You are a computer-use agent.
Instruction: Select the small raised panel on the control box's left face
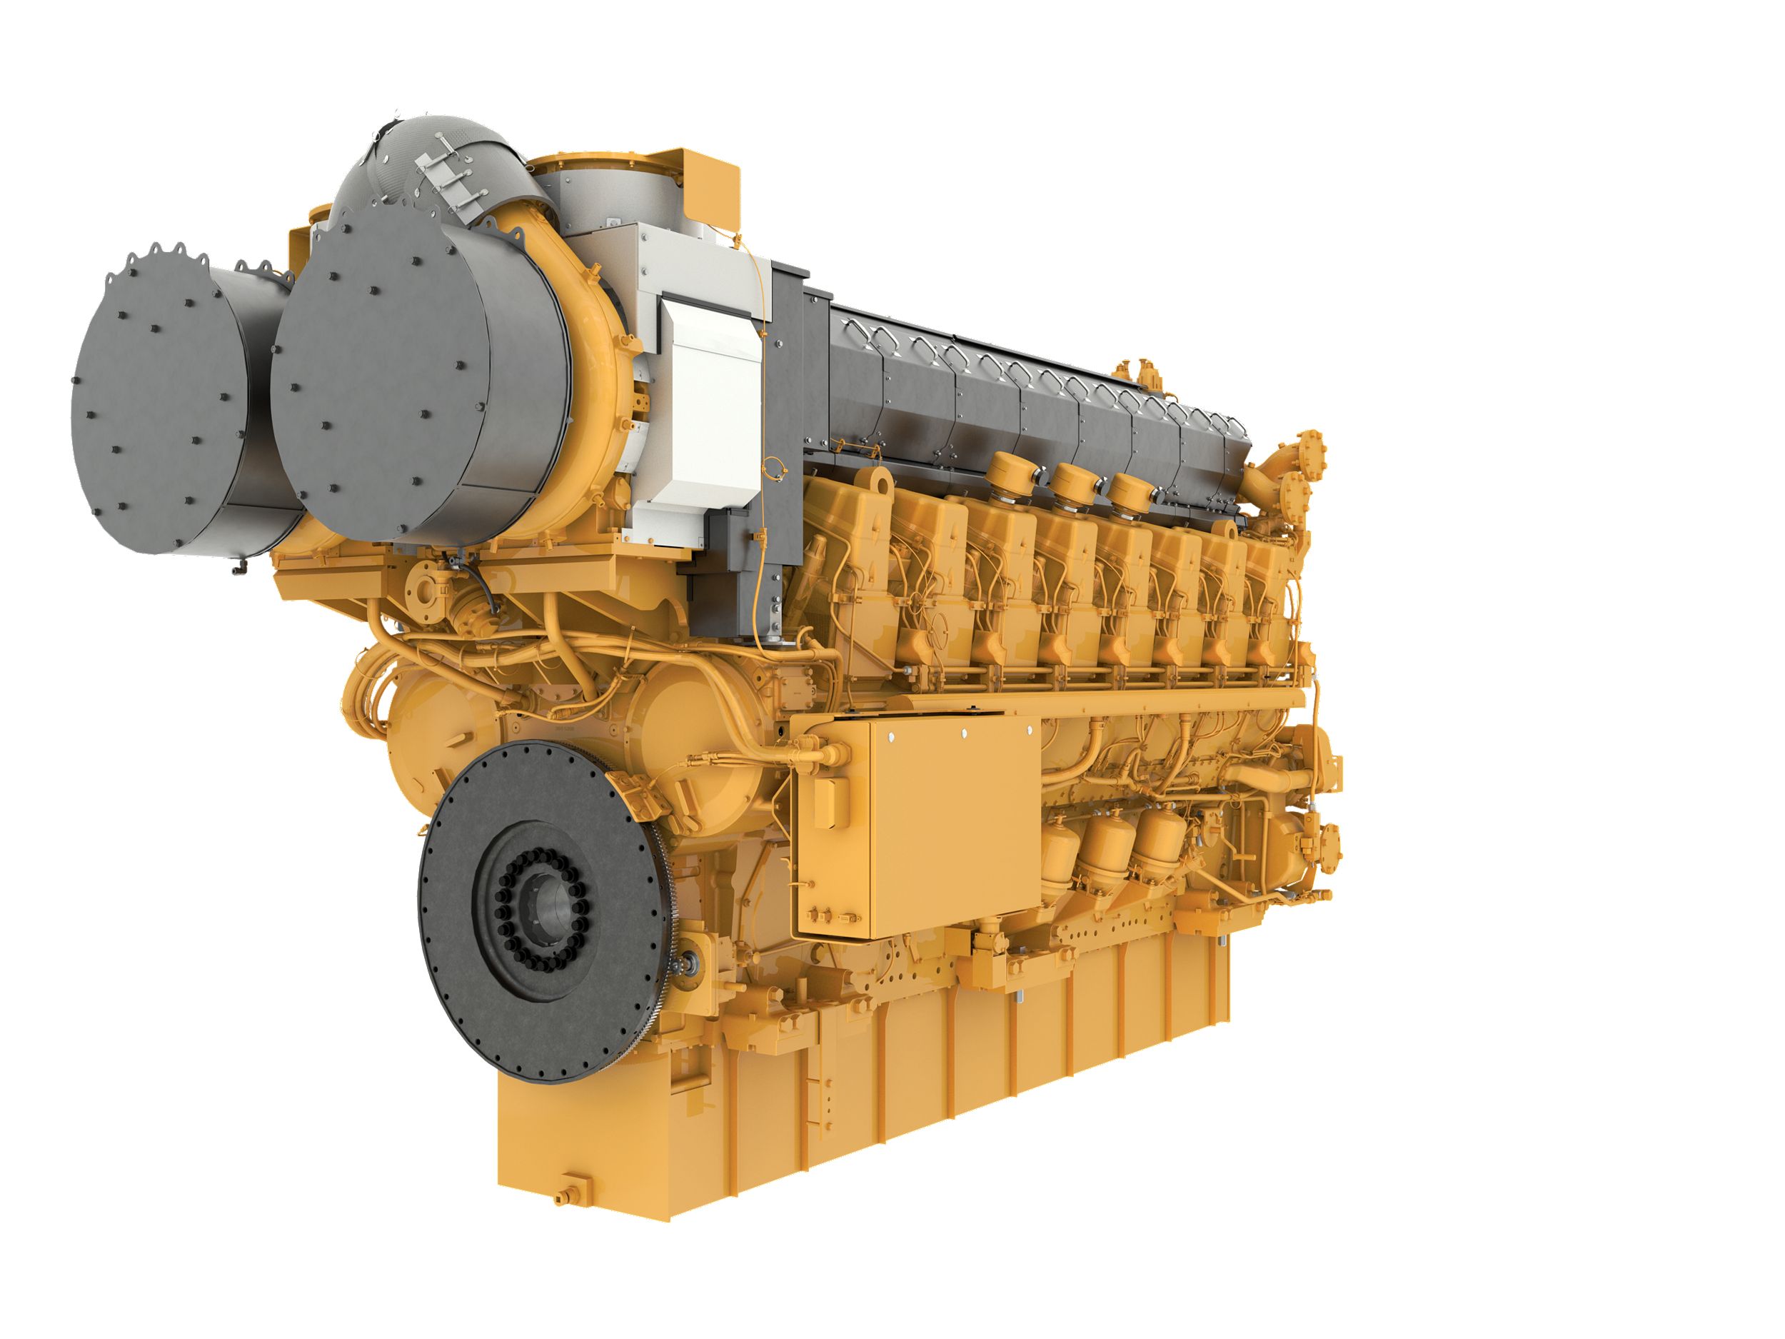click(831, 803)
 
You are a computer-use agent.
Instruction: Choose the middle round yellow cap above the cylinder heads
click(1074, 484)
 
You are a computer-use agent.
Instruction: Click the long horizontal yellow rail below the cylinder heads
click(1049, 702)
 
